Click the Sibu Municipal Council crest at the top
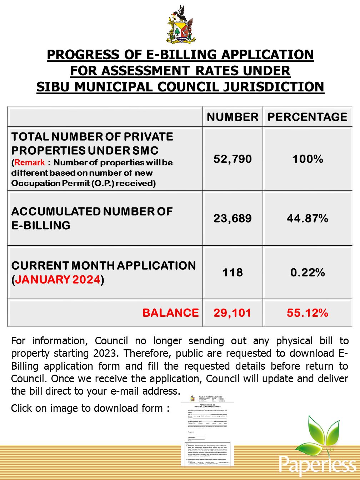pos(180,25)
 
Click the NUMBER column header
pos(232,117)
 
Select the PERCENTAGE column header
pos(307,117)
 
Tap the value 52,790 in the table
pos(232,159)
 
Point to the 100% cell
pos(307,159)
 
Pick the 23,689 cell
pos(232,218)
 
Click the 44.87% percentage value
pos(307,218)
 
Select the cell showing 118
pos(232,272)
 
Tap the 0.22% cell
pos(307,272)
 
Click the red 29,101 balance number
pos(232,313)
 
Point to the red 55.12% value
pos(307,313)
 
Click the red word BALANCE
pos(170,313)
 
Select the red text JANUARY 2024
pos(58,279)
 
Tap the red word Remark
pos(30,162)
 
